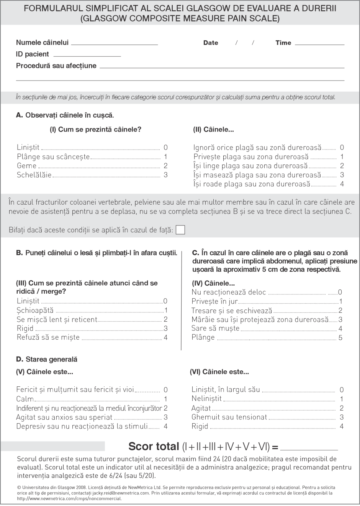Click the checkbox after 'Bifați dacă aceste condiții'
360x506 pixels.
(180, 230)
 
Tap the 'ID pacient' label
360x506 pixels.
(33, 54)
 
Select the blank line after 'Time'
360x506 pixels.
(319, 44)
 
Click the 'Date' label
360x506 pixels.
(211, 43)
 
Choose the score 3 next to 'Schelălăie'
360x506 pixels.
(165, 175)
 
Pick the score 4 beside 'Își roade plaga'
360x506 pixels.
(342, 184)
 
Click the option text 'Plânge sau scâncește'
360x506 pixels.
(53, 156)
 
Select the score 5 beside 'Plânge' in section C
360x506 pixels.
(340, 338)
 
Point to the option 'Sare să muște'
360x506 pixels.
(215, 328)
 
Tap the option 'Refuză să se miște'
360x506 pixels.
(48, 337)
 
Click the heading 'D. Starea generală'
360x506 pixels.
(47, 359)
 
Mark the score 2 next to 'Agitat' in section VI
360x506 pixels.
(342, 408)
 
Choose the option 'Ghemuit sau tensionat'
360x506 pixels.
(229, 417)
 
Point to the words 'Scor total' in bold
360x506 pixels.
(154, 447)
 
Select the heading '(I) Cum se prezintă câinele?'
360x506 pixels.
(95, 130)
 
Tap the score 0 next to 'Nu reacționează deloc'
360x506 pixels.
(340, 292)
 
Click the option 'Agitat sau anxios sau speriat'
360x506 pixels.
(64, 417)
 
